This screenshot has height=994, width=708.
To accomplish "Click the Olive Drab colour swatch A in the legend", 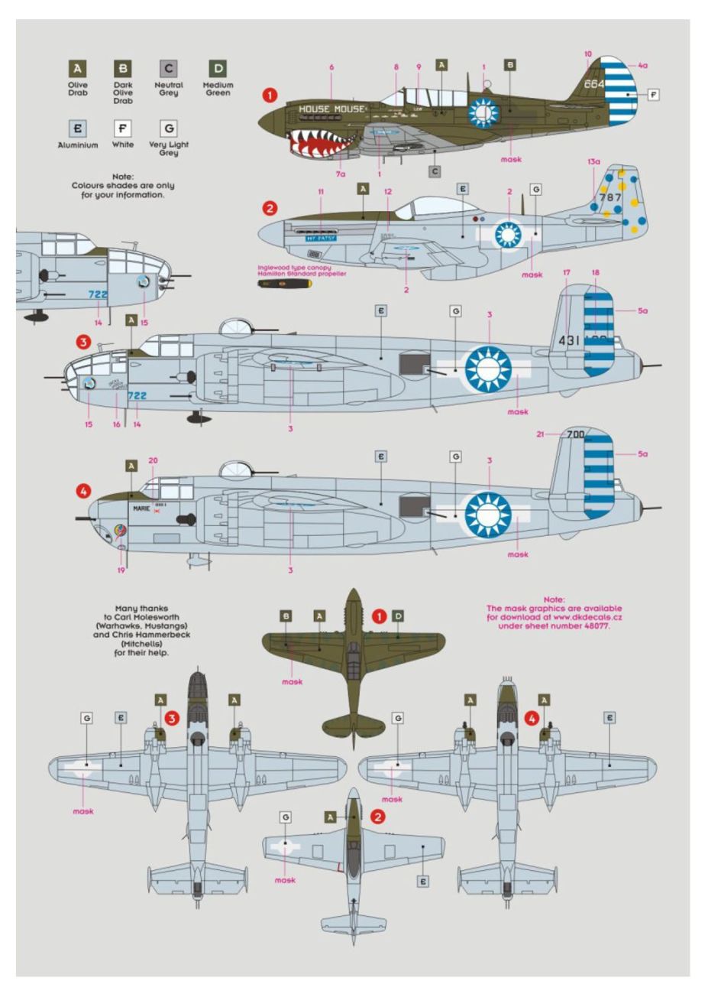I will click(78, 69).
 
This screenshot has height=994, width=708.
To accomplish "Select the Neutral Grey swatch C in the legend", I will click(168, 69).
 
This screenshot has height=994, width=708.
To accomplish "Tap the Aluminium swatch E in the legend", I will click(78, 128).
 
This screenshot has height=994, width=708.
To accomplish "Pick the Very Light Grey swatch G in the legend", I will click(168, 128).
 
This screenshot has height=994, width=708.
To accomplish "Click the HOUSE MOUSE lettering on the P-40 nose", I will click(331, 109).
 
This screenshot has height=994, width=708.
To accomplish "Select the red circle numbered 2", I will click(270, 207).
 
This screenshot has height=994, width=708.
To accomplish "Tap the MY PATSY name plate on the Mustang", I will click(320, 238).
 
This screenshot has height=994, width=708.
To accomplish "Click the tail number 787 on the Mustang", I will click(610, 197).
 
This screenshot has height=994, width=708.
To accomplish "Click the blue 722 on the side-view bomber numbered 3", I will click(137, 395).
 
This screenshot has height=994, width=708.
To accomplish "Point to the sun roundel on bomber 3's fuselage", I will click(487, 369).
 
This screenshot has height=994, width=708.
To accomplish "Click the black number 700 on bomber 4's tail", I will click(575, 434).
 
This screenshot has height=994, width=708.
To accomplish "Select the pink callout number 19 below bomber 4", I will click(121, 570).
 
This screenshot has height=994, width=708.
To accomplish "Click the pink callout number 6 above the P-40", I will click(331, 67).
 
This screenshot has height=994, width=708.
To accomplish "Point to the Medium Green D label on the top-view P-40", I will click(398, 616).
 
